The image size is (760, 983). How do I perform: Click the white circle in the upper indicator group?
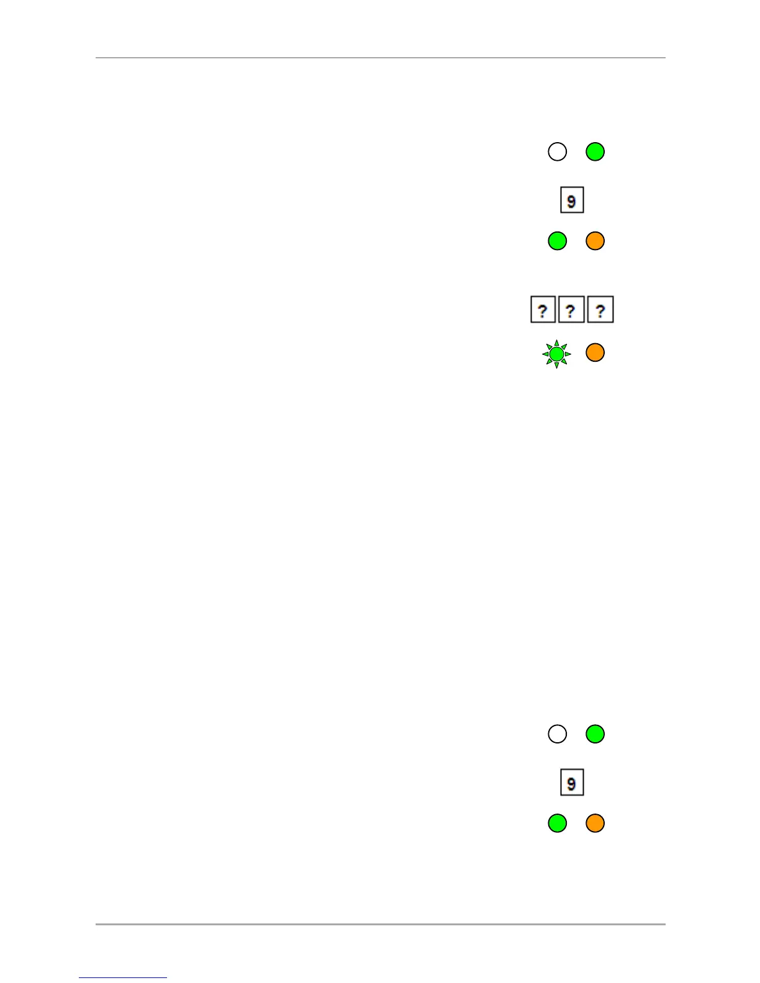(x=557, y=151)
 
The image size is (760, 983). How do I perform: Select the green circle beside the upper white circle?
(x=595, y=151)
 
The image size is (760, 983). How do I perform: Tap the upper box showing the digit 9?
(x=572, y=200)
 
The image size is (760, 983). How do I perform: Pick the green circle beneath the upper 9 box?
(x=557, y=241)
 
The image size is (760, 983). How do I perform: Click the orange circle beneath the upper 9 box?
(x=595, y=241)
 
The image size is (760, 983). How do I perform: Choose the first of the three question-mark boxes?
(x=543, y=310)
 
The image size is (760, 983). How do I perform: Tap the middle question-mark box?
(x=571, y=310)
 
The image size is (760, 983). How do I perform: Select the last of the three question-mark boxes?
(x=600, y=310)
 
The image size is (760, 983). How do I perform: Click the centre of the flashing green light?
(x=557, y=354)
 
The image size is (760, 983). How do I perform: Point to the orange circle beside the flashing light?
(x=595, y=352)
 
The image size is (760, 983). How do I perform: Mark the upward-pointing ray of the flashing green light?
(x=557, y=343)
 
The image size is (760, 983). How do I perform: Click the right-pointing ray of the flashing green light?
(x=568, y=354)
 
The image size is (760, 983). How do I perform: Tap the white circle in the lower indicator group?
(x=557, y=734)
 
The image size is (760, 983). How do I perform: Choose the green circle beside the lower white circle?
(x=595, y=734)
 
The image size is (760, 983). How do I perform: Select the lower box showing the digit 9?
(x=572, y=782)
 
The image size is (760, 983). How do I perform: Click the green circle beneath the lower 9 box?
(x=557, y=823)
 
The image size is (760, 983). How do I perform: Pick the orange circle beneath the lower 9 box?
(x=595, y=823)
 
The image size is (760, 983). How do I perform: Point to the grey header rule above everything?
(x=380, y=58)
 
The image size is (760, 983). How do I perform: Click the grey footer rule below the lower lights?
(x=380, y=924)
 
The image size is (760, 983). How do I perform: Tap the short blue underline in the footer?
(x=123, y=977)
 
